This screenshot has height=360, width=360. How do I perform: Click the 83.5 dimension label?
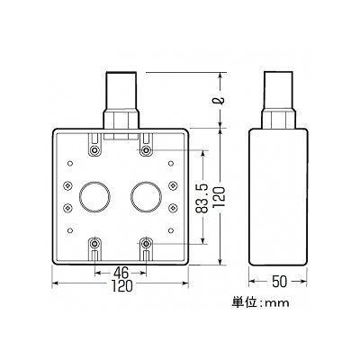click(202, 198)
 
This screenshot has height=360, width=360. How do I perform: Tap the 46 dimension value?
click(121, 273)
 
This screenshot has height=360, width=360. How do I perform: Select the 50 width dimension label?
click(280, 282)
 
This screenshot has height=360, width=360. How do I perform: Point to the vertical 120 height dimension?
click(219, 197)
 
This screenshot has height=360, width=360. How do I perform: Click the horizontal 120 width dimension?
click(121, 286)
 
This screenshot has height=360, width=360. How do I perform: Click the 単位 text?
click(244, 302)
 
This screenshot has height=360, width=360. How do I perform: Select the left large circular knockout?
click(94, 197)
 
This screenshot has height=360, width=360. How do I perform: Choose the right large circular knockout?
click(146, 197)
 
